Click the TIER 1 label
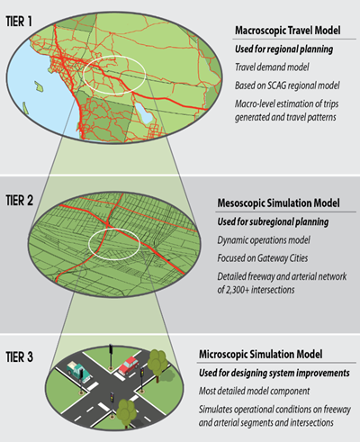pos(19,22)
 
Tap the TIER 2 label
pos(20,201)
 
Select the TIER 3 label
pos(20,357)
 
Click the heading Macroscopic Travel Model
pos(287,31)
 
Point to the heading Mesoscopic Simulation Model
pos(278,203)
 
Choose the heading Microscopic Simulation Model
pos(260,354)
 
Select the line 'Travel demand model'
pos(272,67)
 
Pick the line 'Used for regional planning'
pos(283,49)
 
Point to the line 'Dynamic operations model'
pos(264,240)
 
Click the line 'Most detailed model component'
pos(254,391)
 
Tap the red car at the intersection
pos(129,365)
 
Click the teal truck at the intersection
pos(78,372)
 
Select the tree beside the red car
pos(157,365)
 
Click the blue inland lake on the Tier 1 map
pos(143,112)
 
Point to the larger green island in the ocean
pos(39,86)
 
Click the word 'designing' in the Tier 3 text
pos(247,374)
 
